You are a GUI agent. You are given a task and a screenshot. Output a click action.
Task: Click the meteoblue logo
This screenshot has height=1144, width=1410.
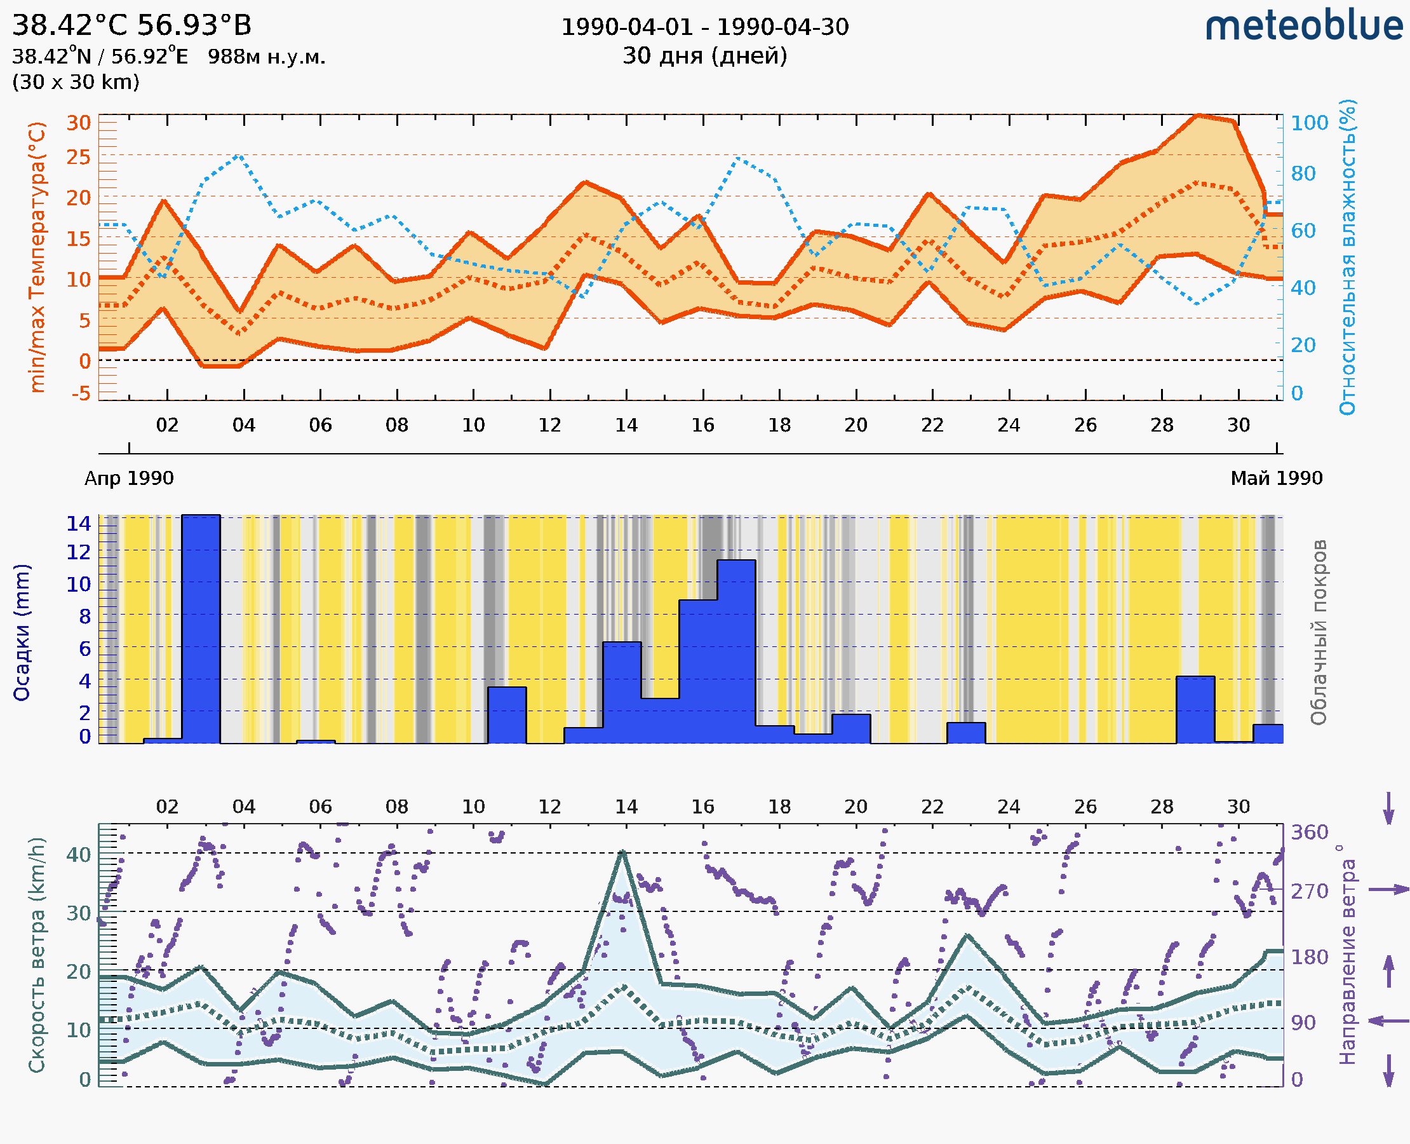(x=1303, y=26)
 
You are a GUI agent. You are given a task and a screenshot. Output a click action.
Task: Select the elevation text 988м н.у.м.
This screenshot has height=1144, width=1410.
(x=266, y=57)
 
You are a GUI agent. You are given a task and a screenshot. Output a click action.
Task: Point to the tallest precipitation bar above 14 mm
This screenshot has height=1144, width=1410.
(x=201, y=629)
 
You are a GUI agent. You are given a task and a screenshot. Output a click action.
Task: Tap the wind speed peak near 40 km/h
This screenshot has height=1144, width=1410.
(x=622, y=853)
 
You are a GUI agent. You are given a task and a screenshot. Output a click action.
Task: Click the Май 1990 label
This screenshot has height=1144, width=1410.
(x=1277, y=478)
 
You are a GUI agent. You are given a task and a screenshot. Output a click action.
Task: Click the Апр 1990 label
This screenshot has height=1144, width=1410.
(x=129, y=478)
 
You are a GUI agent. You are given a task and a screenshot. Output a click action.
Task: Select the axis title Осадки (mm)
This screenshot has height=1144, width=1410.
(x=22, y=632)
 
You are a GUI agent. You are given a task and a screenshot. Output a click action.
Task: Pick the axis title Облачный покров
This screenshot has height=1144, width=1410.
(x=1318, y=632)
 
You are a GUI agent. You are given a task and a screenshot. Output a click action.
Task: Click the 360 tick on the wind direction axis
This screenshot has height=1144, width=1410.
(x=1309, y=833)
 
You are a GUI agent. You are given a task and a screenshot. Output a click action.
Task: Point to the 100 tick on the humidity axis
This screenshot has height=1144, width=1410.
(x=1309, y=123)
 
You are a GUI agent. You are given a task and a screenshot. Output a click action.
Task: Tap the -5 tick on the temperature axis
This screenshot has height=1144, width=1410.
(x=81, y=393)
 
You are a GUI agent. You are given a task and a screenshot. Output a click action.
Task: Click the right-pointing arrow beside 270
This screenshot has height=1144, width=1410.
(x=1388, y=890)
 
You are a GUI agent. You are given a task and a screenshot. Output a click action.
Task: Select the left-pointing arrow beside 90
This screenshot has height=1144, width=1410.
(x=1388, y=1021)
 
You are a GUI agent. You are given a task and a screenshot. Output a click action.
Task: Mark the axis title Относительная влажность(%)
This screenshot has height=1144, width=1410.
(x=1347, y=257)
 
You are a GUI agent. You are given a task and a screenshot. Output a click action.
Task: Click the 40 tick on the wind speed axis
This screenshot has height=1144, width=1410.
(x=78, y=855)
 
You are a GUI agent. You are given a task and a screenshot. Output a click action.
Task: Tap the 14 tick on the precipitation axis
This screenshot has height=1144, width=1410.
(x=78, y=524)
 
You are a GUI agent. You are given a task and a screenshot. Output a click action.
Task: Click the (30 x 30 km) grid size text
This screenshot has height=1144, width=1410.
(x=76, y=83)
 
